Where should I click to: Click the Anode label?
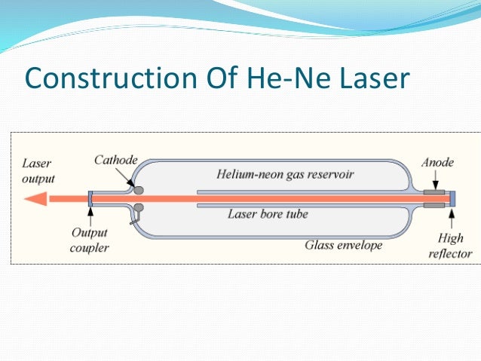[437, 161]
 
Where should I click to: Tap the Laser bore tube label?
[268, 214]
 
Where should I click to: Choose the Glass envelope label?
[344, 245]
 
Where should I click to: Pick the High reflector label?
[450, 246]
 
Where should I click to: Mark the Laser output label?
[38, 170]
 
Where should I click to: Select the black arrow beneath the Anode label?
[436, 179]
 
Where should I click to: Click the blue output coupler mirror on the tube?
[90, 199]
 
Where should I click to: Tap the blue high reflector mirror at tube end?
[454, 198]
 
